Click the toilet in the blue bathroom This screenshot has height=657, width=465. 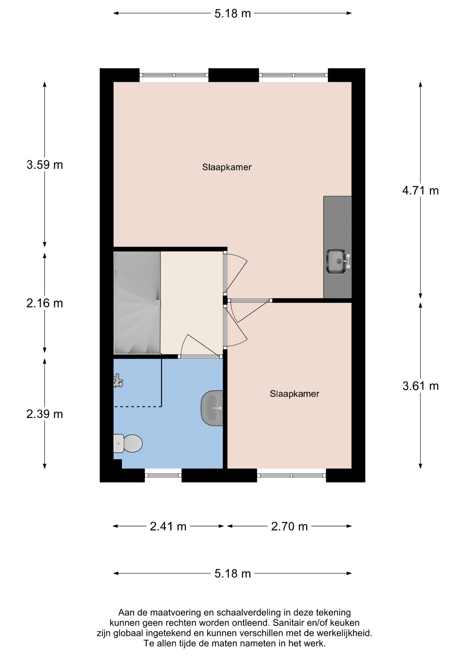(x=127, y=443)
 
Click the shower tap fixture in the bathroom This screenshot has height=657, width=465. (x=118, y=381)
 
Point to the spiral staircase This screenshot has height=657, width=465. (x=137, y=303)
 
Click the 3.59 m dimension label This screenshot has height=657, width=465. (x=45, y=165)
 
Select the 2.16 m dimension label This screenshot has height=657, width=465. (x=45, y=303)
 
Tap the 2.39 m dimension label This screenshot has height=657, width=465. (x=45, y=414)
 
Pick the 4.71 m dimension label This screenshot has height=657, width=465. (x=420, y=191)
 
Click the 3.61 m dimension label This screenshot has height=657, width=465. (x=420, y=386)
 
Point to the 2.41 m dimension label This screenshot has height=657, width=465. (x=168, y=526)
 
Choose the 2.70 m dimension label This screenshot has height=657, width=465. (x=289, y=526)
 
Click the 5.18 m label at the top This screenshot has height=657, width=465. (x=233, y=14)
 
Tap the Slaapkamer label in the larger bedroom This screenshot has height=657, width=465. (x=227, y=167)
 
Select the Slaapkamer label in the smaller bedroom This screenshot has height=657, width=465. (x=294, y=394)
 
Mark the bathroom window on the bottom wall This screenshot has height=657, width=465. (x=163, y=475)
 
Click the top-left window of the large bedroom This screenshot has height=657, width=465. (x=174, y=75)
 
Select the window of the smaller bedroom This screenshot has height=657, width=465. (x=291, y=475)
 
